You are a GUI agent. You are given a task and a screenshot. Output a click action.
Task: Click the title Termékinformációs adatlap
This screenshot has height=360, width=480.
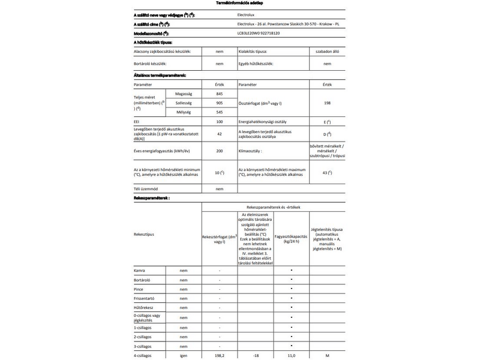(240, 4)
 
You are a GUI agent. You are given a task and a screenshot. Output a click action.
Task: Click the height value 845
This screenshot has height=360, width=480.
(219, 94)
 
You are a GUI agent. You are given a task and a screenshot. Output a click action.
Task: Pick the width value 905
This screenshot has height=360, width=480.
(219, 103)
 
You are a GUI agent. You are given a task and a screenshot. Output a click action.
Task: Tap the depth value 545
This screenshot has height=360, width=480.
(219, 112)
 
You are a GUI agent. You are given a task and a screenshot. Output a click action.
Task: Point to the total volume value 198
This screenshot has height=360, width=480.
(327, 103)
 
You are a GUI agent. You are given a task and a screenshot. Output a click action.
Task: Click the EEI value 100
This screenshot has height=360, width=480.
(219, 121)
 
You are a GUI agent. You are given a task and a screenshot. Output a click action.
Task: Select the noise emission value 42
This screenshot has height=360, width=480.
(219, 134)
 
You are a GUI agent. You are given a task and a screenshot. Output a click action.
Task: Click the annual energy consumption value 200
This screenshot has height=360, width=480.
(219, 151)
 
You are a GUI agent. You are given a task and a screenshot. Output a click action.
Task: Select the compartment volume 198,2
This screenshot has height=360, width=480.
(220, 356)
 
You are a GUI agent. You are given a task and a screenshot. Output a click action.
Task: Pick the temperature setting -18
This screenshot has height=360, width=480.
(256, 356)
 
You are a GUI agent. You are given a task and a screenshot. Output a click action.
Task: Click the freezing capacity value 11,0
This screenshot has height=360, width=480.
(291, 356)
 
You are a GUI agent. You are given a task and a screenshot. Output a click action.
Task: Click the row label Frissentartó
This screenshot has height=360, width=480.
(146, 298)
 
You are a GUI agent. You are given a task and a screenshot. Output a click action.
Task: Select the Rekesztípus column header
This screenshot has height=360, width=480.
(145, 235)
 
